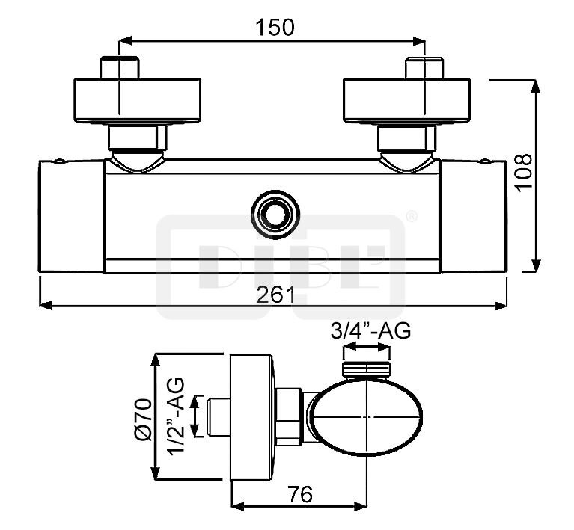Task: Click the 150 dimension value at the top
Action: (275, 28)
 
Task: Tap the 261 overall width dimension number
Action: (275, 295)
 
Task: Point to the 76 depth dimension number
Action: (300, 494)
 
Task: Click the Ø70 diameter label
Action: (143, 419)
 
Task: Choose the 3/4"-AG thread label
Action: (370, 330)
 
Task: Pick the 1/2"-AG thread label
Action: (176, 416)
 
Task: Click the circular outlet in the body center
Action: (275, 214)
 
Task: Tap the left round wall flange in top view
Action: (137, 101)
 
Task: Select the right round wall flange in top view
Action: (406, 101)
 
